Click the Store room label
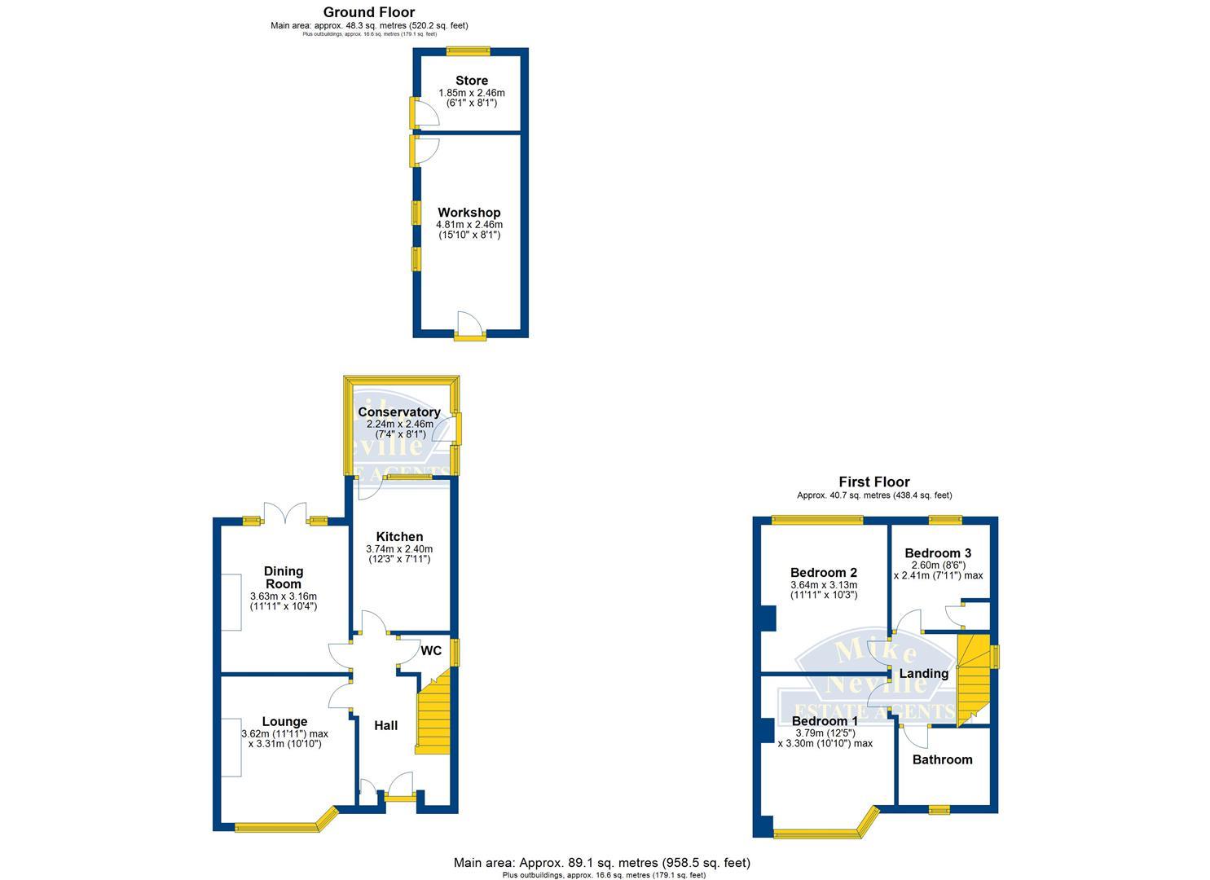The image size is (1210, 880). (472, 81)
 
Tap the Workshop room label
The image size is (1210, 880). (469, 213)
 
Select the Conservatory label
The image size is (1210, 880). (399, 412)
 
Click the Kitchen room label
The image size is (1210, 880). (399, 537)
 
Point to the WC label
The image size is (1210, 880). (431, 651)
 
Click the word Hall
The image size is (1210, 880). (385, 725)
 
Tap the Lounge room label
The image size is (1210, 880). (284, 721)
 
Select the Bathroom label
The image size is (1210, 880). (942, 759)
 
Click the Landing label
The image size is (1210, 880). (923, 674)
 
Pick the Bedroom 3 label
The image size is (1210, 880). (938, 553)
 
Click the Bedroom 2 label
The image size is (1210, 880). (823, 573)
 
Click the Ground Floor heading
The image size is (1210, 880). (369, 12)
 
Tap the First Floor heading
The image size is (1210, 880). (874, 482)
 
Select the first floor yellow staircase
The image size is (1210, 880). (971, 676)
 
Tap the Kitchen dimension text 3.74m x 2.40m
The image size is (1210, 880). (399, 549)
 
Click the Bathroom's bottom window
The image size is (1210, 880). (939, 809)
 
